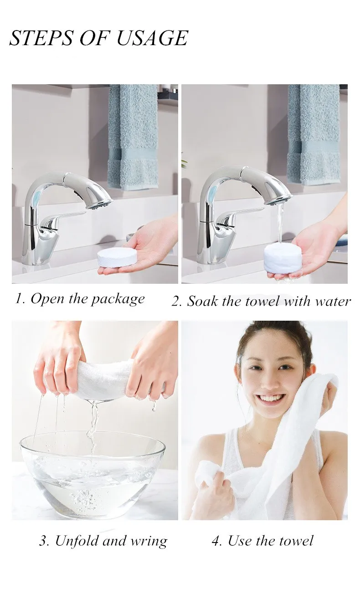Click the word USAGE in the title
click(x=152, y=38)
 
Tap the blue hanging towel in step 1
click(x=133, y=137)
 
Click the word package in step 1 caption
click(x=118, y=300)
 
